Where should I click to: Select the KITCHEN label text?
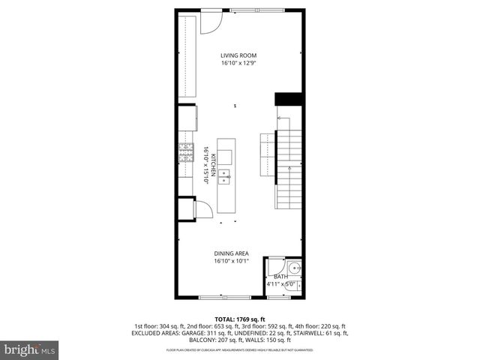tap(213, 164)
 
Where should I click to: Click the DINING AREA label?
tap(231, 253)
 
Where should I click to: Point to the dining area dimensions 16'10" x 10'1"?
tap(231, 262)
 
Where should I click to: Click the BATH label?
tap(280, 277)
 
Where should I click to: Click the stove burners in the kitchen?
tap(186, 152)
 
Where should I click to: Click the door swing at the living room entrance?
tap(211, 23)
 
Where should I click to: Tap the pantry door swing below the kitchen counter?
tap(203, 209)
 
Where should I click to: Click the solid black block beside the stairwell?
tap(288, 99)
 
